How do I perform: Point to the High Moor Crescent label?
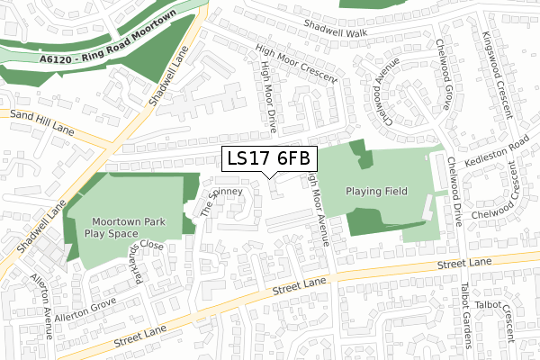pyautogui.click(x=296, y=64)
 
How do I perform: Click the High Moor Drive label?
pyautogui.click(x=267, y=90)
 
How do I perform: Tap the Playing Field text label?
pyautogui.click(x=377, y=192)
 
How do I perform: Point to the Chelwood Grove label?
pyautogui.click(x=443, y=74)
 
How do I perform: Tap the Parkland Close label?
pyautogui.click(x=145, y=253)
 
